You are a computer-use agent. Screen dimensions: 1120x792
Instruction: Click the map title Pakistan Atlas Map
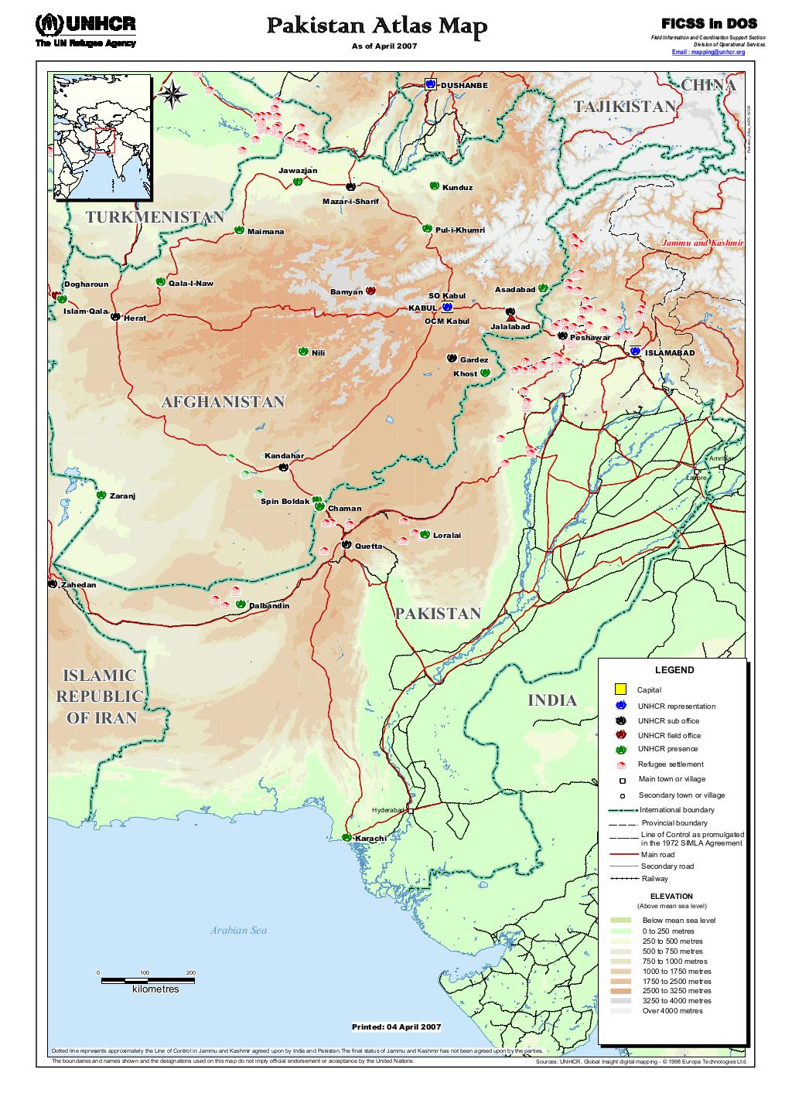(x=377, y=27)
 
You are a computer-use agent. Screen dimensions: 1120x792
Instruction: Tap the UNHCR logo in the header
(x=85, y=29)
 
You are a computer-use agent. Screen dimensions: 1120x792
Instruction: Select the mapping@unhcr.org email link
(x=708, y=52)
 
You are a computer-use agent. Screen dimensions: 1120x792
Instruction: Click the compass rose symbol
(x=172, y=94)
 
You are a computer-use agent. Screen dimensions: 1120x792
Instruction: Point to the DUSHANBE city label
(x=464, y=85)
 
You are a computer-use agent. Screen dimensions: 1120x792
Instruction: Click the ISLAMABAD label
(x=670, y=352)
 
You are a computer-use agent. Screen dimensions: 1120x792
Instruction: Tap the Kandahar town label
(x=284, y=456)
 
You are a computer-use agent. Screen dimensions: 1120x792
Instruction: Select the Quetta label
(x=368, y=546)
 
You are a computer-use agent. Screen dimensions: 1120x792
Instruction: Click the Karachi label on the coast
(x=370, y=839)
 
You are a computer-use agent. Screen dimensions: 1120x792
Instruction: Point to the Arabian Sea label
(x=238, y=931)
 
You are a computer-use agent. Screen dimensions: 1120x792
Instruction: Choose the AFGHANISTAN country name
(x=223, y=402)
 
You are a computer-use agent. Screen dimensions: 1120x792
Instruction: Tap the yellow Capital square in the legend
(x=620, y=689)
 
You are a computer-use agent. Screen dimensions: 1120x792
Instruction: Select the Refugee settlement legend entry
(x=670, y=764)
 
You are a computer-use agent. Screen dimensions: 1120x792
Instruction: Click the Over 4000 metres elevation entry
(x=671, y=1010)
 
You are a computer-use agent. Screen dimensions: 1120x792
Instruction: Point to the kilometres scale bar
(x=147, y=981)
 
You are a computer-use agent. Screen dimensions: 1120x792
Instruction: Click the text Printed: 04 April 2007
(x=396, y=1027)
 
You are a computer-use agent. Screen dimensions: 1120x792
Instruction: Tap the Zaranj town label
(x=122, y=495)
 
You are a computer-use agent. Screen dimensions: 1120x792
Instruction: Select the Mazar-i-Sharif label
(x=351, y=202)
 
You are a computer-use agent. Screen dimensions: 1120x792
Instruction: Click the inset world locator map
(x=101, y=135)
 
